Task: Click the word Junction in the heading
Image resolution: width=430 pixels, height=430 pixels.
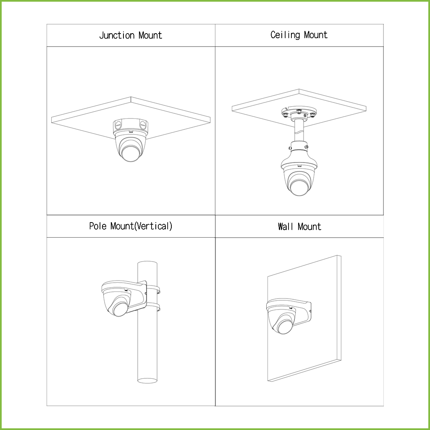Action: point(117,35)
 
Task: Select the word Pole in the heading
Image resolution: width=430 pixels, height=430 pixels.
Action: point(98,226)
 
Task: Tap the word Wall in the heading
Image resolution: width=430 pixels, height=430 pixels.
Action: point(286,226)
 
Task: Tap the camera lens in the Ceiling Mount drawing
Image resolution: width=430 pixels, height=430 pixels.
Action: point(299,187)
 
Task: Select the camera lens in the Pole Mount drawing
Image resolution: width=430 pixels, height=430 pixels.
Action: point(120,309)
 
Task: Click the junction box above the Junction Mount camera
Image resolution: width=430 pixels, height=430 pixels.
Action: point(130,126)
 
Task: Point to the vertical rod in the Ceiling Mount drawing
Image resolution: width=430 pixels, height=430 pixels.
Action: point(299,131)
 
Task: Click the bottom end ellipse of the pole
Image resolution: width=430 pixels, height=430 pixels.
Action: point(147,380)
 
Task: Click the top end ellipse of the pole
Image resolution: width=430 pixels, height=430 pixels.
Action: point(147,263)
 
